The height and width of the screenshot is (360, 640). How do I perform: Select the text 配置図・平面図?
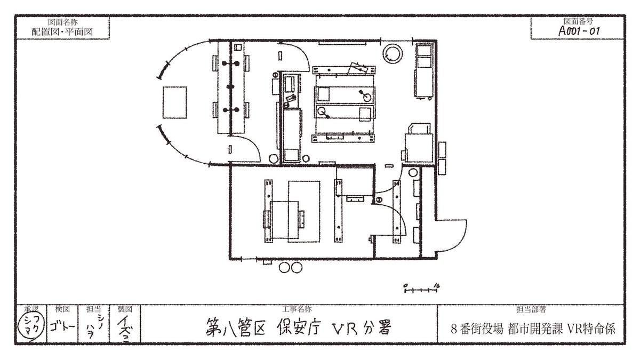pos(62,31)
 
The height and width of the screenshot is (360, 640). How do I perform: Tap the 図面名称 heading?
pos(62,22)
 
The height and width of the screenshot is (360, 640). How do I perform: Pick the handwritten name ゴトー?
pos(59,325)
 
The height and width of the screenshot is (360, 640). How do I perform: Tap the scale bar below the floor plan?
pos(421,290)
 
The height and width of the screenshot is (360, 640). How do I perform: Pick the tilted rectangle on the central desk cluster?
pos(356,69)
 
